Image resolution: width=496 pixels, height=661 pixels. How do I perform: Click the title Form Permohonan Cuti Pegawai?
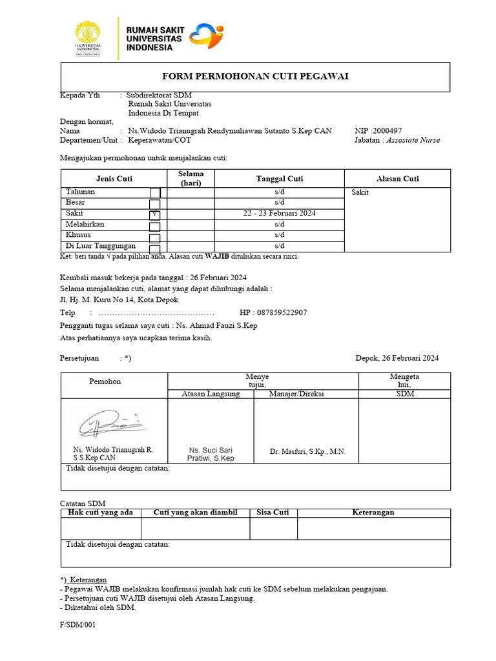pyautogui.click(x=255, y=77)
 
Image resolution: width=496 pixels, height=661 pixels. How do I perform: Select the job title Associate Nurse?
pyautogui.click(x=413, y=140)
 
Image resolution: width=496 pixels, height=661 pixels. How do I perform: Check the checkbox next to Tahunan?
pyautogui.click(x=155, y=193)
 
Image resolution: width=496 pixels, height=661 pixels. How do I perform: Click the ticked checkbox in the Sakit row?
pyautogui.click(x=155, y=214)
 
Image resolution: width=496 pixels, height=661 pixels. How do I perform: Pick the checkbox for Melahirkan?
pyautogui.click(x=155, y=226)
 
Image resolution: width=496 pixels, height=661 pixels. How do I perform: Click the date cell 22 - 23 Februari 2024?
pyautogui.click(x=279, y=214)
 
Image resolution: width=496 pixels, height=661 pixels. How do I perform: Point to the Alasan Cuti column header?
pyautogui.click(x=397, y=179)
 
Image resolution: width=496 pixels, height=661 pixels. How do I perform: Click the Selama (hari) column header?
pyautogui.click(x=191, y=178)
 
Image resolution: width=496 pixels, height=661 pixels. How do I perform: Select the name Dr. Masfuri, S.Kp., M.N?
pyautogui.click(x=307, y=452)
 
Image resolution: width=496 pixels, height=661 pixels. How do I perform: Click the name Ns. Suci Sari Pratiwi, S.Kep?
pyautogui.click(x=210, y=454)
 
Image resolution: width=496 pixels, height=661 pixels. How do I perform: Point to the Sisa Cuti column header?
pyautogui.click(x=273, y=513)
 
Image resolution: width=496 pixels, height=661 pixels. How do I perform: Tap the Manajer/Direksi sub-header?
pyautogui.click(x=296, y=394)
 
